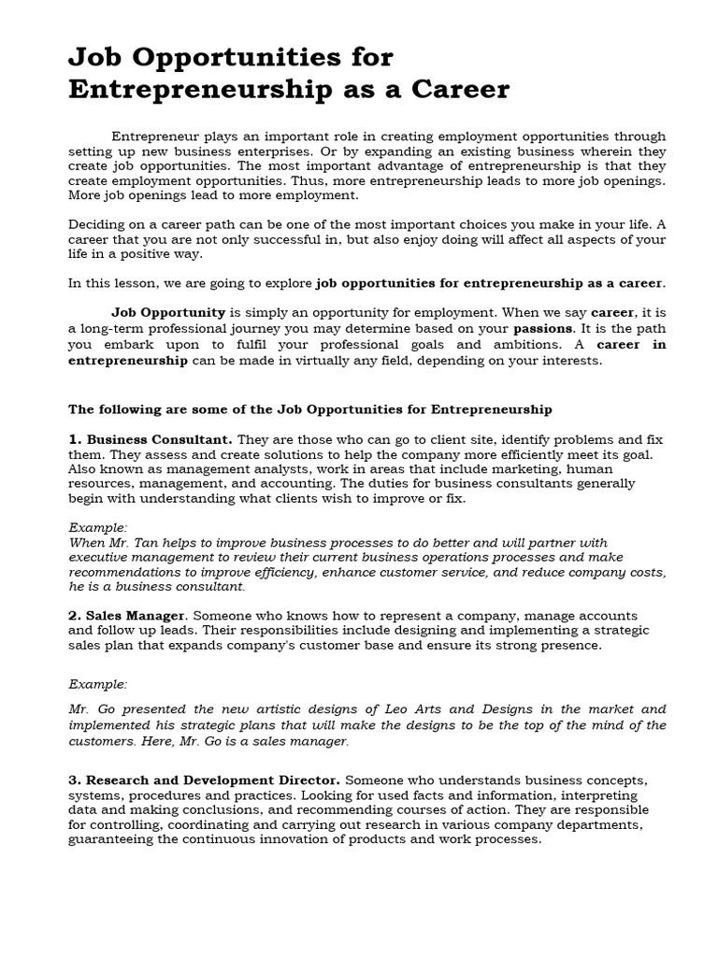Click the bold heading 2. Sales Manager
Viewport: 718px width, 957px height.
[x=128, y=616]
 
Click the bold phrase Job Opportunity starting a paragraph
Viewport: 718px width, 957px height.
[x=168, y=312]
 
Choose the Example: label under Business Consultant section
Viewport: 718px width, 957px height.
[x=98, y=527]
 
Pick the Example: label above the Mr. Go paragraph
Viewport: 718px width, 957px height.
[x=98, y=684]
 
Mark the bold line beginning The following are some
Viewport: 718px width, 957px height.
[x=310, y=408]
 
